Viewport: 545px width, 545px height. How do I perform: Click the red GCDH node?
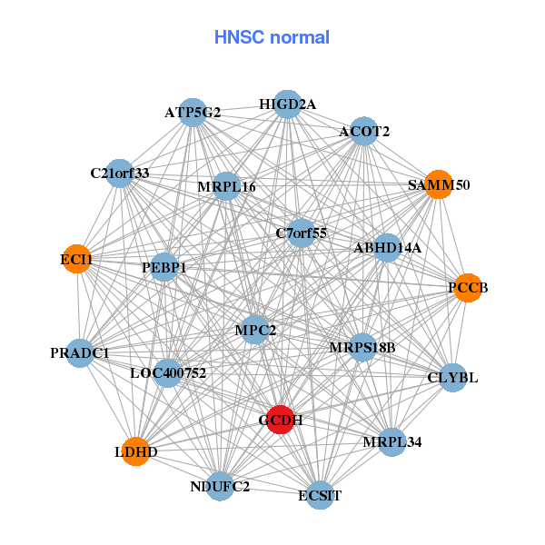pyautogui.click(x=281, y=420)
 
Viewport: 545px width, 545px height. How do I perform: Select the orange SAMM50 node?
pyautogui.click(x=439, y=184)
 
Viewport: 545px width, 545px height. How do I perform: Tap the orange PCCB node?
pyautogui.click(x=468, y=288)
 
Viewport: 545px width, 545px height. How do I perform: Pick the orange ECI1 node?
pyautogui.click(x=77, y=260)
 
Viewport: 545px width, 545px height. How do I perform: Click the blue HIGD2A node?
pyautogui.click(x=287, y=104)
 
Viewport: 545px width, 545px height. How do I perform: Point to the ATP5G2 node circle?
pyautogui.click(x=193, y=113)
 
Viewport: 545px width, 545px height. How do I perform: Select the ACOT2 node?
pyautogui.click(x=364, y=132)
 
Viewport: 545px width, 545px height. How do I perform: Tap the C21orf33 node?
pyautogui.click(x=120, y=173)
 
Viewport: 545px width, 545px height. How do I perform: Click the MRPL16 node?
pyautogui.click(x=226, y=187)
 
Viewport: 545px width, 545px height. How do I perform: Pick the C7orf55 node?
pyautogui.click(x=302, y=233)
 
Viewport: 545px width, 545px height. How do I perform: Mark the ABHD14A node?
pyautogui.click(x=387, y=247)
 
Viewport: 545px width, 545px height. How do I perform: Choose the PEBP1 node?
pyautogui.click(x=164, y=268)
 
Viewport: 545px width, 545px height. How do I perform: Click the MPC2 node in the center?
pyautogui.click(x=255, y=329)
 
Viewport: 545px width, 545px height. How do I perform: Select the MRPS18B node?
pyautogui.click(x=362, y=346)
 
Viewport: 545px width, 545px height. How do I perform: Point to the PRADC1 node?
pyautogui.click(x=80, y=352)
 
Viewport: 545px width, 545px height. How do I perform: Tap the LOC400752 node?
pyautogui.click(x=168, y=372)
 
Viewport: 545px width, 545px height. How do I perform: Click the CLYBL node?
pyautogui.click(x=452, y=377)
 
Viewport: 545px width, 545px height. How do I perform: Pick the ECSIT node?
pyautogui.click(x=320, y=495)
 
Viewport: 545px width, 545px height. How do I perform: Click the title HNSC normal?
pyautogui.click(x=272, y=37)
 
